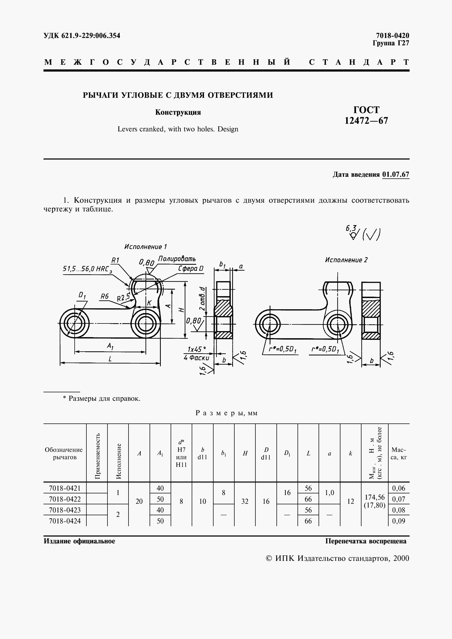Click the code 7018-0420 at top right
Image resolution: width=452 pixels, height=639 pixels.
392,35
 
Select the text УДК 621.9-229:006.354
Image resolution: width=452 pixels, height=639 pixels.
82,36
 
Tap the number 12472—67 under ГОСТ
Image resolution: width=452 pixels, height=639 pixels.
366,120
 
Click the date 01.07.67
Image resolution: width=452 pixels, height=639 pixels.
395,175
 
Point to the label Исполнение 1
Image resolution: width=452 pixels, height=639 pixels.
145,247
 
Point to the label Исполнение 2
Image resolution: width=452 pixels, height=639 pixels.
346,260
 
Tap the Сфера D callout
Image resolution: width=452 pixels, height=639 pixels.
191,269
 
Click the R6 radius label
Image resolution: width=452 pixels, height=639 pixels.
105,296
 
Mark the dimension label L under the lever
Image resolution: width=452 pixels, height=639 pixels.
110,359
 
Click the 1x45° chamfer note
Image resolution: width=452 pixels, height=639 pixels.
196,349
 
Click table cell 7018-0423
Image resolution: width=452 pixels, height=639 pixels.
65,510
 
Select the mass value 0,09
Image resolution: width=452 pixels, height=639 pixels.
398,521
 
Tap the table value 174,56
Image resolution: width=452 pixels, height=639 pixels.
374,497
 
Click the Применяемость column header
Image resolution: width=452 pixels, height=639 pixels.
97,456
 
